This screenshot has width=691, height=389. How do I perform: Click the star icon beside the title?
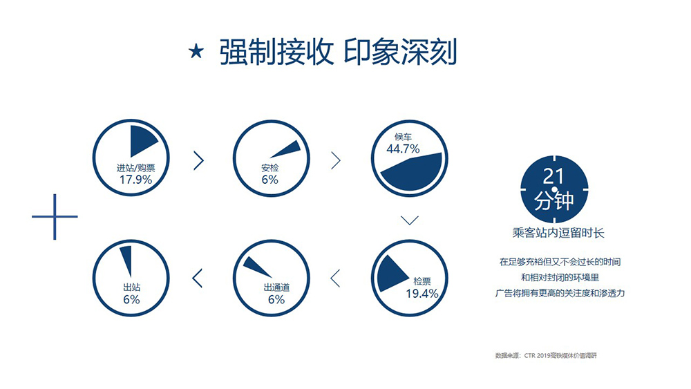tap(196, 52)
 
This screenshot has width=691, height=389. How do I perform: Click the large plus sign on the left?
tap(55, 217)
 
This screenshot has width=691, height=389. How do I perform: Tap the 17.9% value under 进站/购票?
tap(135, 180)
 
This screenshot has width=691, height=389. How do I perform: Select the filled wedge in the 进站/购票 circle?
tap(142, 140)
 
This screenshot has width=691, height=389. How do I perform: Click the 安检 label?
tap(270, 168)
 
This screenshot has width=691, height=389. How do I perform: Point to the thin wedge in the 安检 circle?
tap(287, 149)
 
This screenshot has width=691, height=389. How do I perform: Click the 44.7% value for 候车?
tap(404, 149)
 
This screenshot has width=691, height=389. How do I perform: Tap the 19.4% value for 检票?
tap(422, 294)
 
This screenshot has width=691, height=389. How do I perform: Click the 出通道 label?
tap(277, 287)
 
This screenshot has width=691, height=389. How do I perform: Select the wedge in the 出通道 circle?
tap(257, 266)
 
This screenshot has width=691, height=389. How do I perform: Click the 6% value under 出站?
tap(131, 300)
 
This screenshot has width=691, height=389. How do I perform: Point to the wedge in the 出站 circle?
tap(126, 260)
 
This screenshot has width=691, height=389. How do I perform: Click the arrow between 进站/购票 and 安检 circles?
tap(199, 161)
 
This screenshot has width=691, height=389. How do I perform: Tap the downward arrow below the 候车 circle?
tap(410, 220)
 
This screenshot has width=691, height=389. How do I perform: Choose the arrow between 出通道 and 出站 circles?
tap(198, 278)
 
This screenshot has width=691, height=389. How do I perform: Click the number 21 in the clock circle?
tap(553, 176)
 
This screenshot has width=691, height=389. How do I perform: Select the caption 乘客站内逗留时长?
tap(558, 233)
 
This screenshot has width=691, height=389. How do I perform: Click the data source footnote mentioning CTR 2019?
tap(546, 356)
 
